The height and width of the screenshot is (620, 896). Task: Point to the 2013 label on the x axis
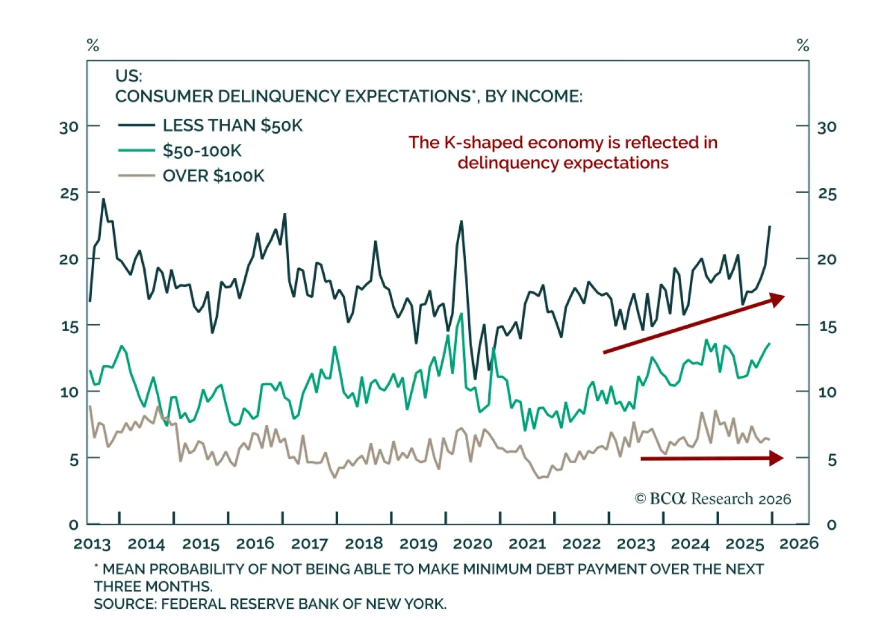click(92, 544)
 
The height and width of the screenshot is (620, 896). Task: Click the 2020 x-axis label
click(472, 544)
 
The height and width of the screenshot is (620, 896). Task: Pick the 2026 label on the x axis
click(799, 544)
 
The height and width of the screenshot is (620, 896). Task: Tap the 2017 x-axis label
click(309, 544)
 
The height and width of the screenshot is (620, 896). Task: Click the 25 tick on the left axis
click(69, 194)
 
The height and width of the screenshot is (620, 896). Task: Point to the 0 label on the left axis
click(73, 525)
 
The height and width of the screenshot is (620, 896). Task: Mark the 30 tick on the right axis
click(827, 127)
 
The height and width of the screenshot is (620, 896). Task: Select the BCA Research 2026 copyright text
click(712, 498)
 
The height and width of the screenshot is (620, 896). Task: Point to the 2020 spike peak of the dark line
click(461, 221)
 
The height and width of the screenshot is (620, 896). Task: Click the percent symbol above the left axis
click(93, 45)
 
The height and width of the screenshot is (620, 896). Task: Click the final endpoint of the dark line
click(770, 226)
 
